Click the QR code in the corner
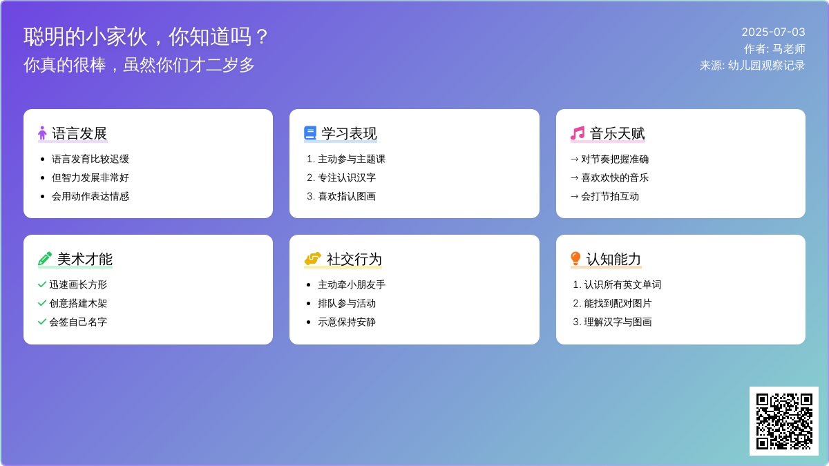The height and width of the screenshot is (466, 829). click(x=784, y=421)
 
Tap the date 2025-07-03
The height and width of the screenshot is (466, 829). click(x=773, y=32)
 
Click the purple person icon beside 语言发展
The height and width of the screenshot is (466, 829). click(x=42, y=133)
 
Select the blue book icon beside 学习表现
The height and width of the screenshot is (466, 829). click(x=310, y=133)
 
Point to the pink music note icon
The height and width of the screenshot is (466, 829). click(x=578, y=133)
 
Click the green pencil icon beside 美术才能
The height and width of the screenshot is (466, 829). click(x=45, y=259)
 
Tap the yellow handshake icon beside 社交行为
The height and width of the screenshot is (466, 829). click(x=312, y=259)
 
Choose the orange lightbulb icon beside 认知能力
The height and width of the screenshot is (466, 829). click(x=575, y=259)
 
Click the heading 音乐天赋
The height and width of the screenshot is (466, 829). click(x=617, y=133)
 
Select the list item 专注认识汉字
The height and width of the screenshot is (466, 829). click(x=347, y=178)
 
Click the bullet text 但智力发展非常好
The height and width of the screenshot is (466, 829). click(x=90, y=178)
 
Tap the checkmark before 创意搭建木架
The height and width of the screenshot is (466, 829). click(x=42, y=303)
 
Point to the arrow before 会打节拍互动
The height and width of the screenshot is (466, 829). click(x=574, y=196)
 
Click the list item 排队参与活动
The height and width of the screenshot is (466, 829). click(x=347, y=304)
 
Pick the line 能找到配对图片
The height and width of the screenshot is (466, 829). click(x=618, y=304)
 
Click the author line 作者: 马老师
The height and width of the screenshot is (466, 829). click(x=774, y=49)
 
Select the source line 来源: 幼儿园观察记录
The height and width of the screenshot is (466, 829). click(x=752, y=66)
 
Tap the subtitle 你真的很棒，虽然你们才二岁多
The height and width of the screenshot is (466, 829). click(x=139, y=65)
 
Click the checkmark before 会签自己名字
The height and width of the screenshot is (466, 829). click(x=42, y=322)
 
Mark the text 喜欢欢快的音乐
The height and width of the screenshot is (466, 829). click(x=615, y=178)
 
